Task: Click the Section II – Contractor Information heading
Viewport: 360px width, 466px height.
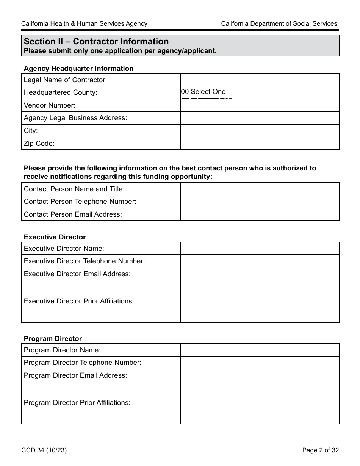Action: pyautogui.click(x=96, y=42)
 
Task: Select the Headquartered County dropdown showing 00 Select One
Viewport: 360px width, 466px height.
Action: pyautogui.click(x=259, y=92)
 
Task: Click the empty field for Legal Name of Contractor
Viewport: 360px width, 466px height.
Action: pyautogui.click(x=259, y=80)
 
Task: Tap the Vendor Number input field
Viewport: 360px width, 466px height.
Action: pyautogui.click(x=259, y=105)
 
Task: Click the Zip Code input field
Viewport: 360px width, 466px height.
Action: pyautogui.click(x=259, y=144)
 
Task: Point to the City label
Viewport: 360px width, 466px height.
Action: pyautogui.click(x=31, y=131)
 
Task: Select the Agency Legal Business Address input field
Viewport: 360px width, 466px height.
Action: pyautogui.click(x=259, y=118)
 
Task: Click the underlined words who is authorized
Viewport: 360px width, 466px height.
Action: pyautogui.click(x=278, y=168)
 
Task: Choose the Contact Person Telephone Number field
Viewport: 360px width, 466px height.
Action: pyautogui.click(x=259, y=202)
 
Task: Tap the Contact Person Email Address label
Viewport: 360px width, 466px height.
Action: pyautogui.click(x=73, y=214)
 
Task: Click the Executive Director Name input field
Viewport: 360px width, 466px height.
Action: pyautogui.click(x=259, y=249)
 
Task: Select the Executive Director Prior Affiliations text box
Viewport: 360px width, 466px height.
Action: pyautogui.click(x=259, y=301)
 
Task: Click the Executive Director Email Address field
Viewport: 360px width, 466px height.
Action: pyautogui.click(x=259, y=274)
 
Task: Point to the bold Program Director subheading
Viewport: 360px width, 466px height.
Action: pyautogui.click(x=53, y=339)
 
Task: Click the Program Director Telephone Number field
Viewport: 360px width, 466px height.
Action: pyautogui.click(x=259, y=363)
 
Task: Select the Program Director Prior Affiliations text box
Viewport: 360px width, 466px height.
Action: pyautogui.click(x=259, y=403)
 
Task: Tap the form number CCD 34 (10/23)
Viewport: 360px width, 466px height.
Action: pyautogui.click(x=44, y=450)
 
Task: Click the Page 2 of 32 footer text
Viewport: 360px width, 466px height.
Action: pyautogui.click(x=320, y=450)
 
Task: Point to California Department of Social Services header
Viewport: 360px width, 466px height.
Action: pyautogui.click(x=279, y=24)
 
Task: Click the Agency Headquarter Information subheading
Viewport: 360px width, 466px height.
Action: pyautogui.click(x=78, y=69)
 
